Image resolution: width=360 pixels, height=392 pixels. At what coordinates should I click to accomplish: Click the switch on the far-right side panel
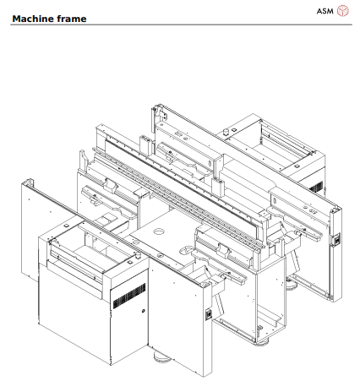(x=335, y=240)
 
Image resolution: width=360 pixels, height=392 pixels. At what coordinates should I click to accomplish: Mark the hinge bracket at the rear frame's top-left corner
(x=157, y=111)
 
